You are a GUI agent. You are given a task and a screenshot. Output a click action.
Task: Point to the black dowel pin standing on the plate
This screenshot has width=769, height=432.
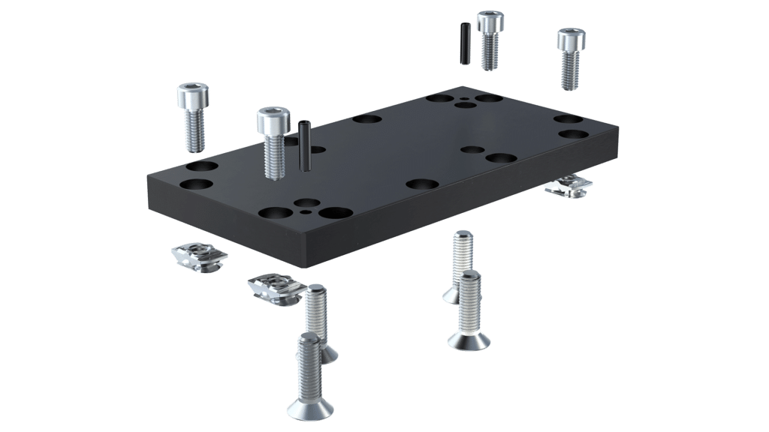305,145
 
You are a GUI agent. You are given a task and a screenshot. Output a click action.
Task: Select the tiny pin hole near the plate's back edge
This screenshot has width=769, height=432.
466,98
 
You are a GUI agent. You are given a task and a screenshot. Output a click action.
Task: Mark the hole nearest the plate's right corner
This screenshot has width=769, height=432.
573,135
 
